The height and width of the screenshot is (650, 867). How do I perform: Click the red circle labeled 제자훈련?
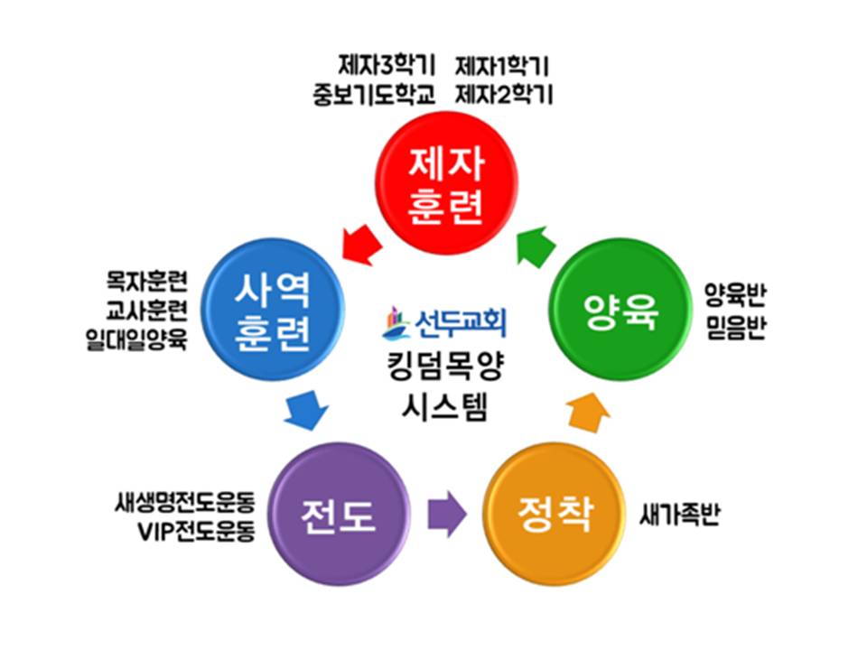446,189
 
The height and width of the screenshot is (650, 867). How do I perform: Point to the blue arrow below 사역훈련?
303,410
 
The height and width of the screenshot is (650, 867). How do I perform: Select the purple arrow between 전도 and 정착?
445,515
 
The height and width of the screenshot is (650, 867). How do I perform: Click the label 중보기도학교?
375,93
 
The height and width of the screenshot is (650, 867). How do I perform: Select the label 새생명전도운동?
185,503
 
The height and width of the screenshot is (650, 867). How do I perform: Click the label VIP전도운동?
196,530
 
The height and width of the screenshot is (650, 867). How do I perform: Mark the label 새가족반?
680,515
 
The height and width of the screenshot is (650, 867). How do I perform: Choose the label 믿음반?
736,328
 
